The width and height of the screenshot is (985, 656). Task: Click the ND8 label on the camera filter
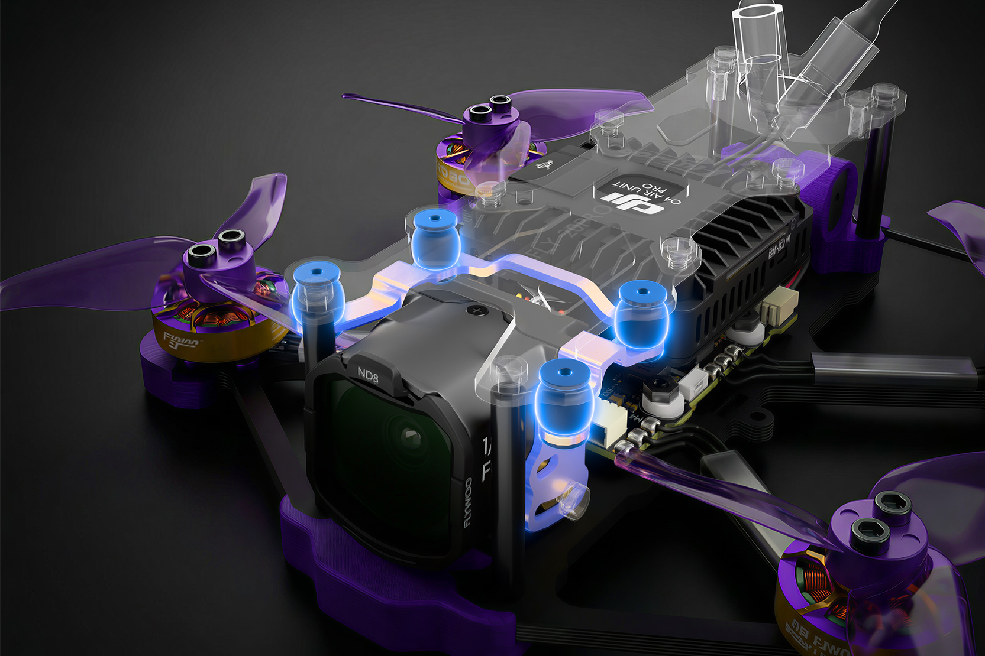(x=367, y=375)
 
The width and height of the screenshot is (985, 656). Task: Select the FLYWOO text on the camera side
(x=468, y=502)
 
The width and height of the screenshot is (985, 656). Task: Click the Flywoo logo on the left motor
(x=180, y=342)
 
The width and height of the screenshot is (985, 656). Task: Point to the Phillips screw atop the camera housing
(x=474, y=309)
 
